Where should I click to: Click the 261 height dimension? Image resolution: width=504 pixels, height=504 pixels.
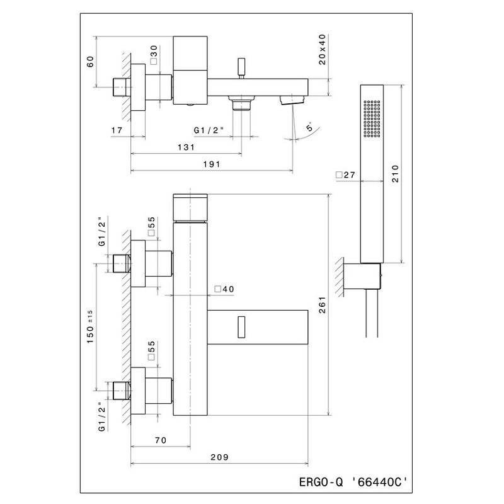[323, 305]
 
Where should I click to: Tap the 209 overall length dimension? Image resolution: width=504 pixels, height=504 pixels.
[219, 457]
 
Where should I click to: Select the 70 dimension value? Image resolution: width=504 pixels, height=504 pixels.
[161, 440]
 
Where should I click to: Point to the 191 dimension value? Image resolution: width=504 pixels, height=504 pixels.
[212, 164]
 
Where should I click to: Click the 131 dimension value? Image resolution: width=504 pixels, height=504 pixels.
[186, 147]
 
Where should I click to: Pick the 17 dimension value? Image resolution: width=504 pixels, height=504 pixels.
[117, 130]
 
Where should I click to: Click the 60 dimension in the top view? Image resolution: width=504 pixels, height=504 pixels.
[91, 61]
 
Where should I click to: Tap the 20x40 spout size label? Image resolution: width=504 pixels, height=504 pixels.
[323, 50]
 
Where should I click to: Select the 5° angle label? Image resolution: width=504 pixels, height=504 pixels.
[309, 127]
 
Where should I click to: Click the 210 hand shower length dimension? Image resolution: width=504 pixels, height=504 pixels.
[395, 174]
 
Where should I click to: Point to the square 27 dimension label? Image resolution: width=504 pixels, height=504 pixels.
[345, 175]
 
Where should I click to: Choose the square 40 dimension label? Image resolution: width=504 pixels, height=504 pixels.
[224, 289]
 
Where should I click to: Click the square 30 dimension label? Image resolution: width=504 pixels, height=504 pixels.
[154, 55]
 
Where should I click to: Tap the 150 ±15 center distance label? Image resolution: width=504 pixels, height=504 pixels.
[90, 326]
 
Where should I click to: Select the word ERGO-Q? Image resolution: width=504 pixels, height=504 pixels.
[321, 482]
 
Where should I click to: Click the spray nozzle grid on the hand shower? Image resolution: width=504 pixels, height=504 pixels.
[372, 118]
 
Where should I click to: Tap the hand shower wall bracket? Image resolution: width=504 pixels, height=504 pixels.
[362, 276]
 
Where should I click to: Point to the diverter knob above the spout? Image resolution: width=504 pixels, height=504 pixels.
[241, 68]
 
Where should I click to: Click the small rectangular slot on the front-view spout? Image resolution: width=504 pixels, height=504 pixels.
[241, 327]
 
